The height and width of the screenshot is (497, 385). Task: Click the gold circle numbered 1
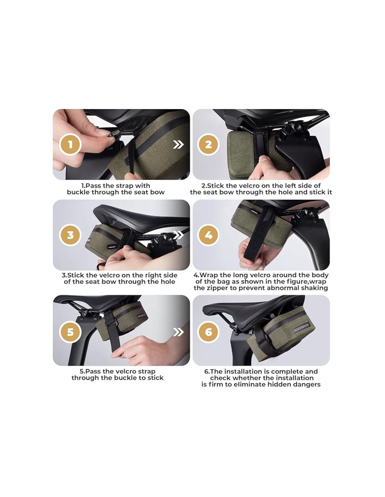click(x=70, y=145)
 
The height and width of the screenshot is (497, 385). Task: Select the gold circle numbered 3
click(x=70, y=235)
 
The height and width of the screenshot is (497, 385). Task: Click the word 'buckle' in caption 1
click(x=78, y=192)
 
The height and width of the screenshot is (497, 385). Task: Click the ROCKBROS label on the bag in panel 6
click(x=301, y=328)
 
